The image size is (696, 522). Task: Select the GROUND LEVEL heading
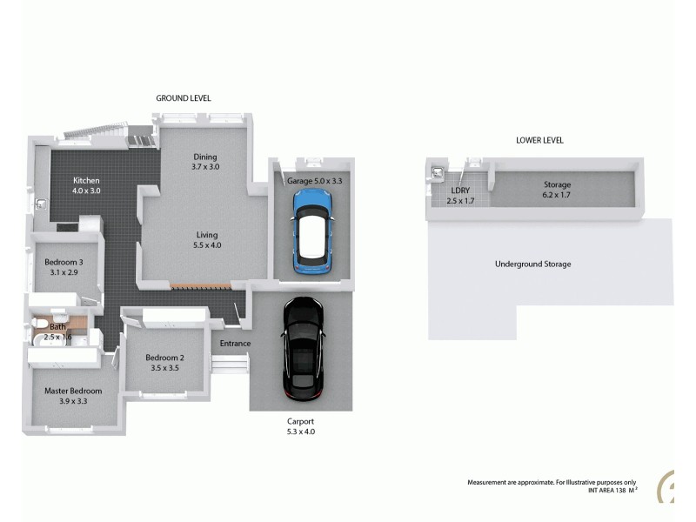click(183, 98)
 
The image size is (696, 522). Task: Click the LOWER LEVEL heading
click(539, 140)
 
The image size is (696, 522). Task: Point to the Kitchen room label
click(87, 179)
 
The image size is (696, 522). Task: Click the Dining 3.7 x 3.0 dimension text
click(206, 167)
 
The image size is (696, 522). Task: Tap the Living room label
click(206, 235)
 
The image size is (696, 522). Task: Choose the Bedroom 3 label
click(64, 263)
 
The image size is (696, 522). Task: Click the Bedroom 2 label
click(164, 358)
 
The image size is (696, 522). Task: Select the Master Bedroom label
click(73, 391)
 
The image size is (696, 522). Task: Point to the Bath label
click(57, 327)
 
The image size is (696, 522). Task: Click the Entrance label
click(235, 344)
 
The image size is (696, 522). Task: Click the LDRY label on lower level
click(461, 191)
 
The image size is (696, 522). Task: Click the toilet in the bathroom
click(37, 328)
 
